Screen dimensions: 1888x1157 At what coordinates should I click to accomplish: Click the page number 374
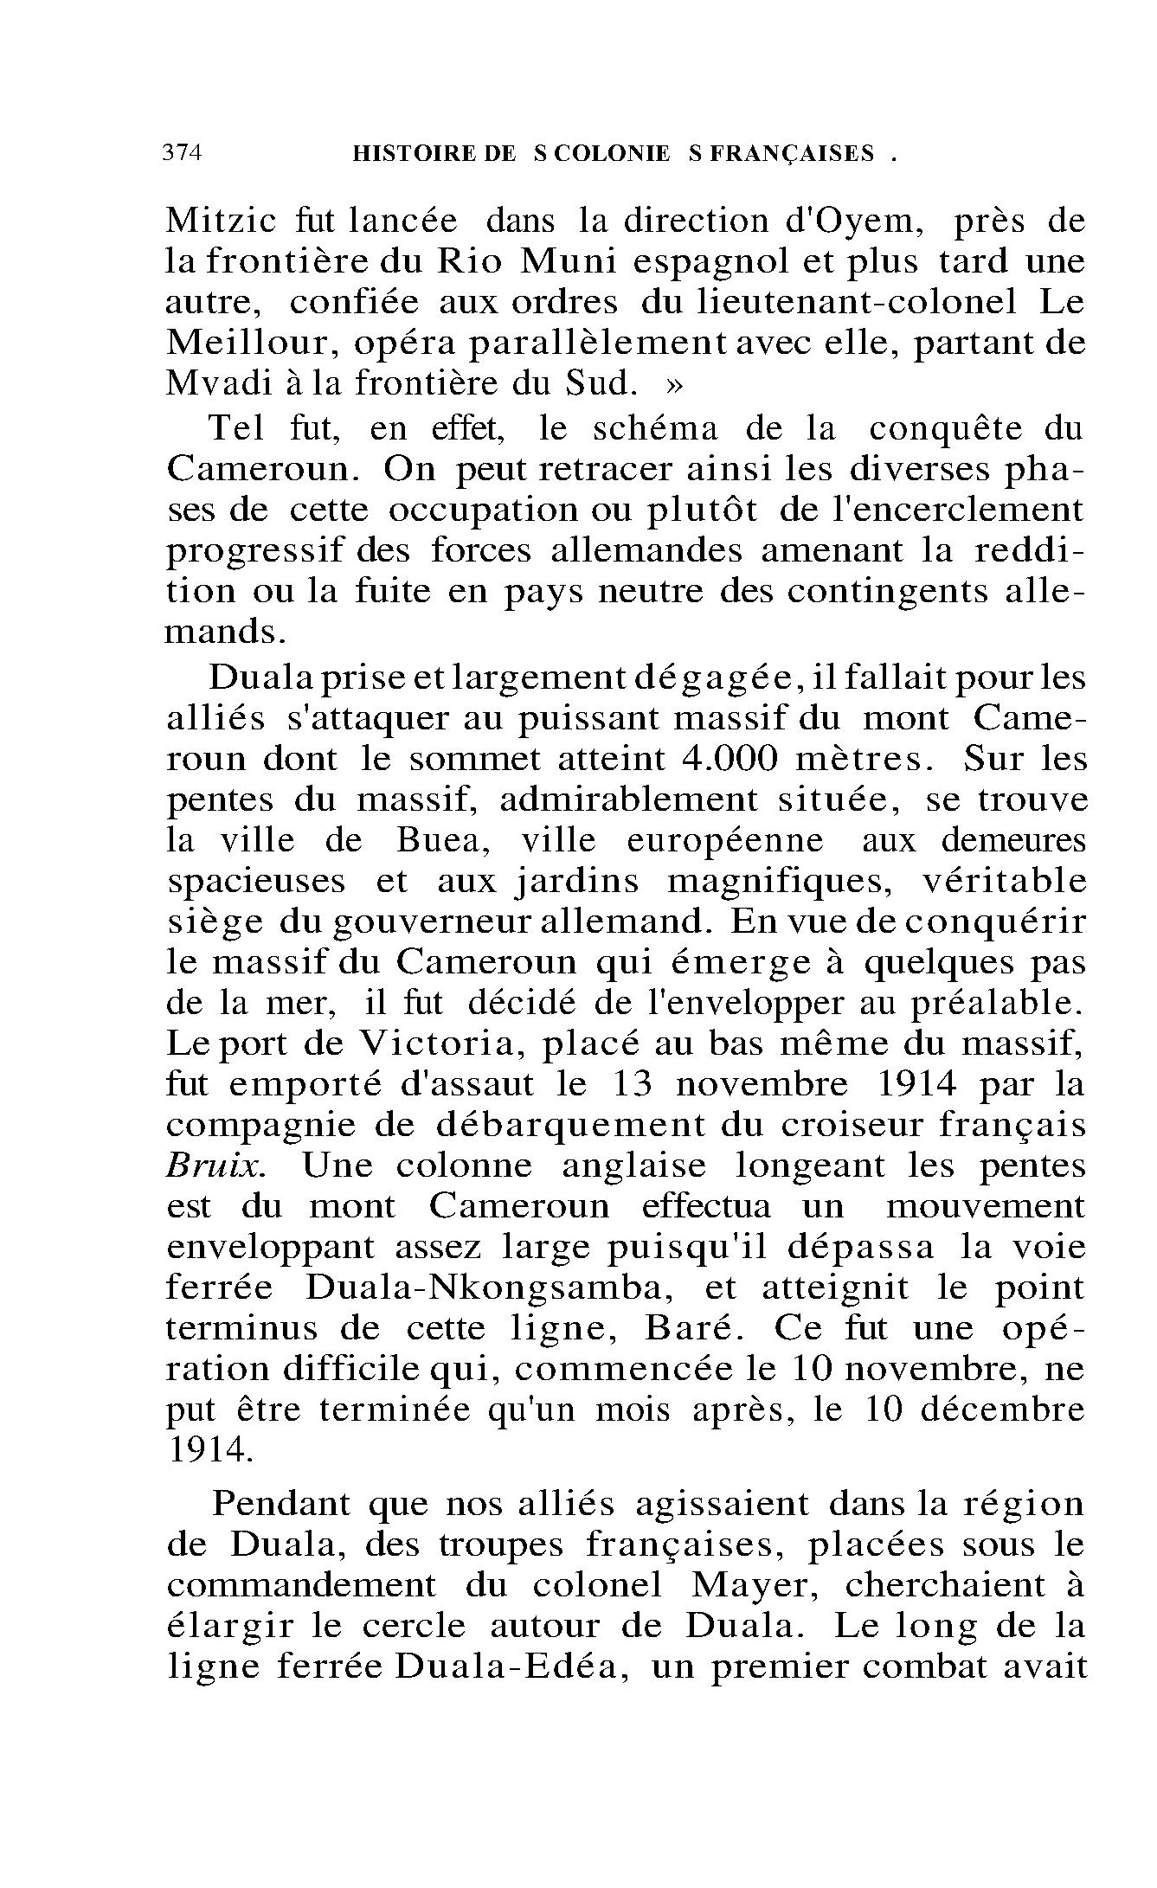point(182,153)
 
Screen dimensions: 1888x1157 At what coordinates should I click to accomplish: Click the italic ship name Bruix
point(215,1166)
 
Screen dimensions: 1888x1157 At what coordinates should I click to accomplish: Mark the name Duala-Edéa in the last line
point(510,1666)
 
